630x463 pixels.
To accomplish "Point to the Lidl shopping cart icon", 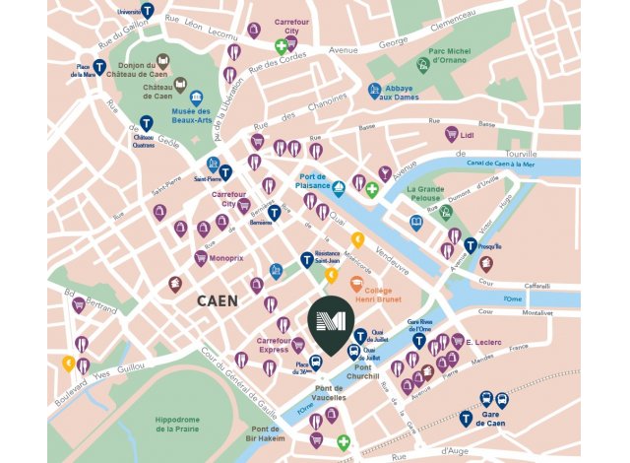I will pos(451,133).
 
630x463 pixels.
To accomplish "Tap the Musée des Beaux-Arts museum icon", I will pos(197,99).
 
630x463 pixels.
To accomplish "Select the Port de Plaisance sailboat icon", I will pos(338,187).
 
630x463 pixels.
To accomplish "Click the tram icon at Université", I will pos(147,12).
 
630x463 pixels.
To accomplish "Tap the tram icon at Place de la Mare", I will pos(99,60).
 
